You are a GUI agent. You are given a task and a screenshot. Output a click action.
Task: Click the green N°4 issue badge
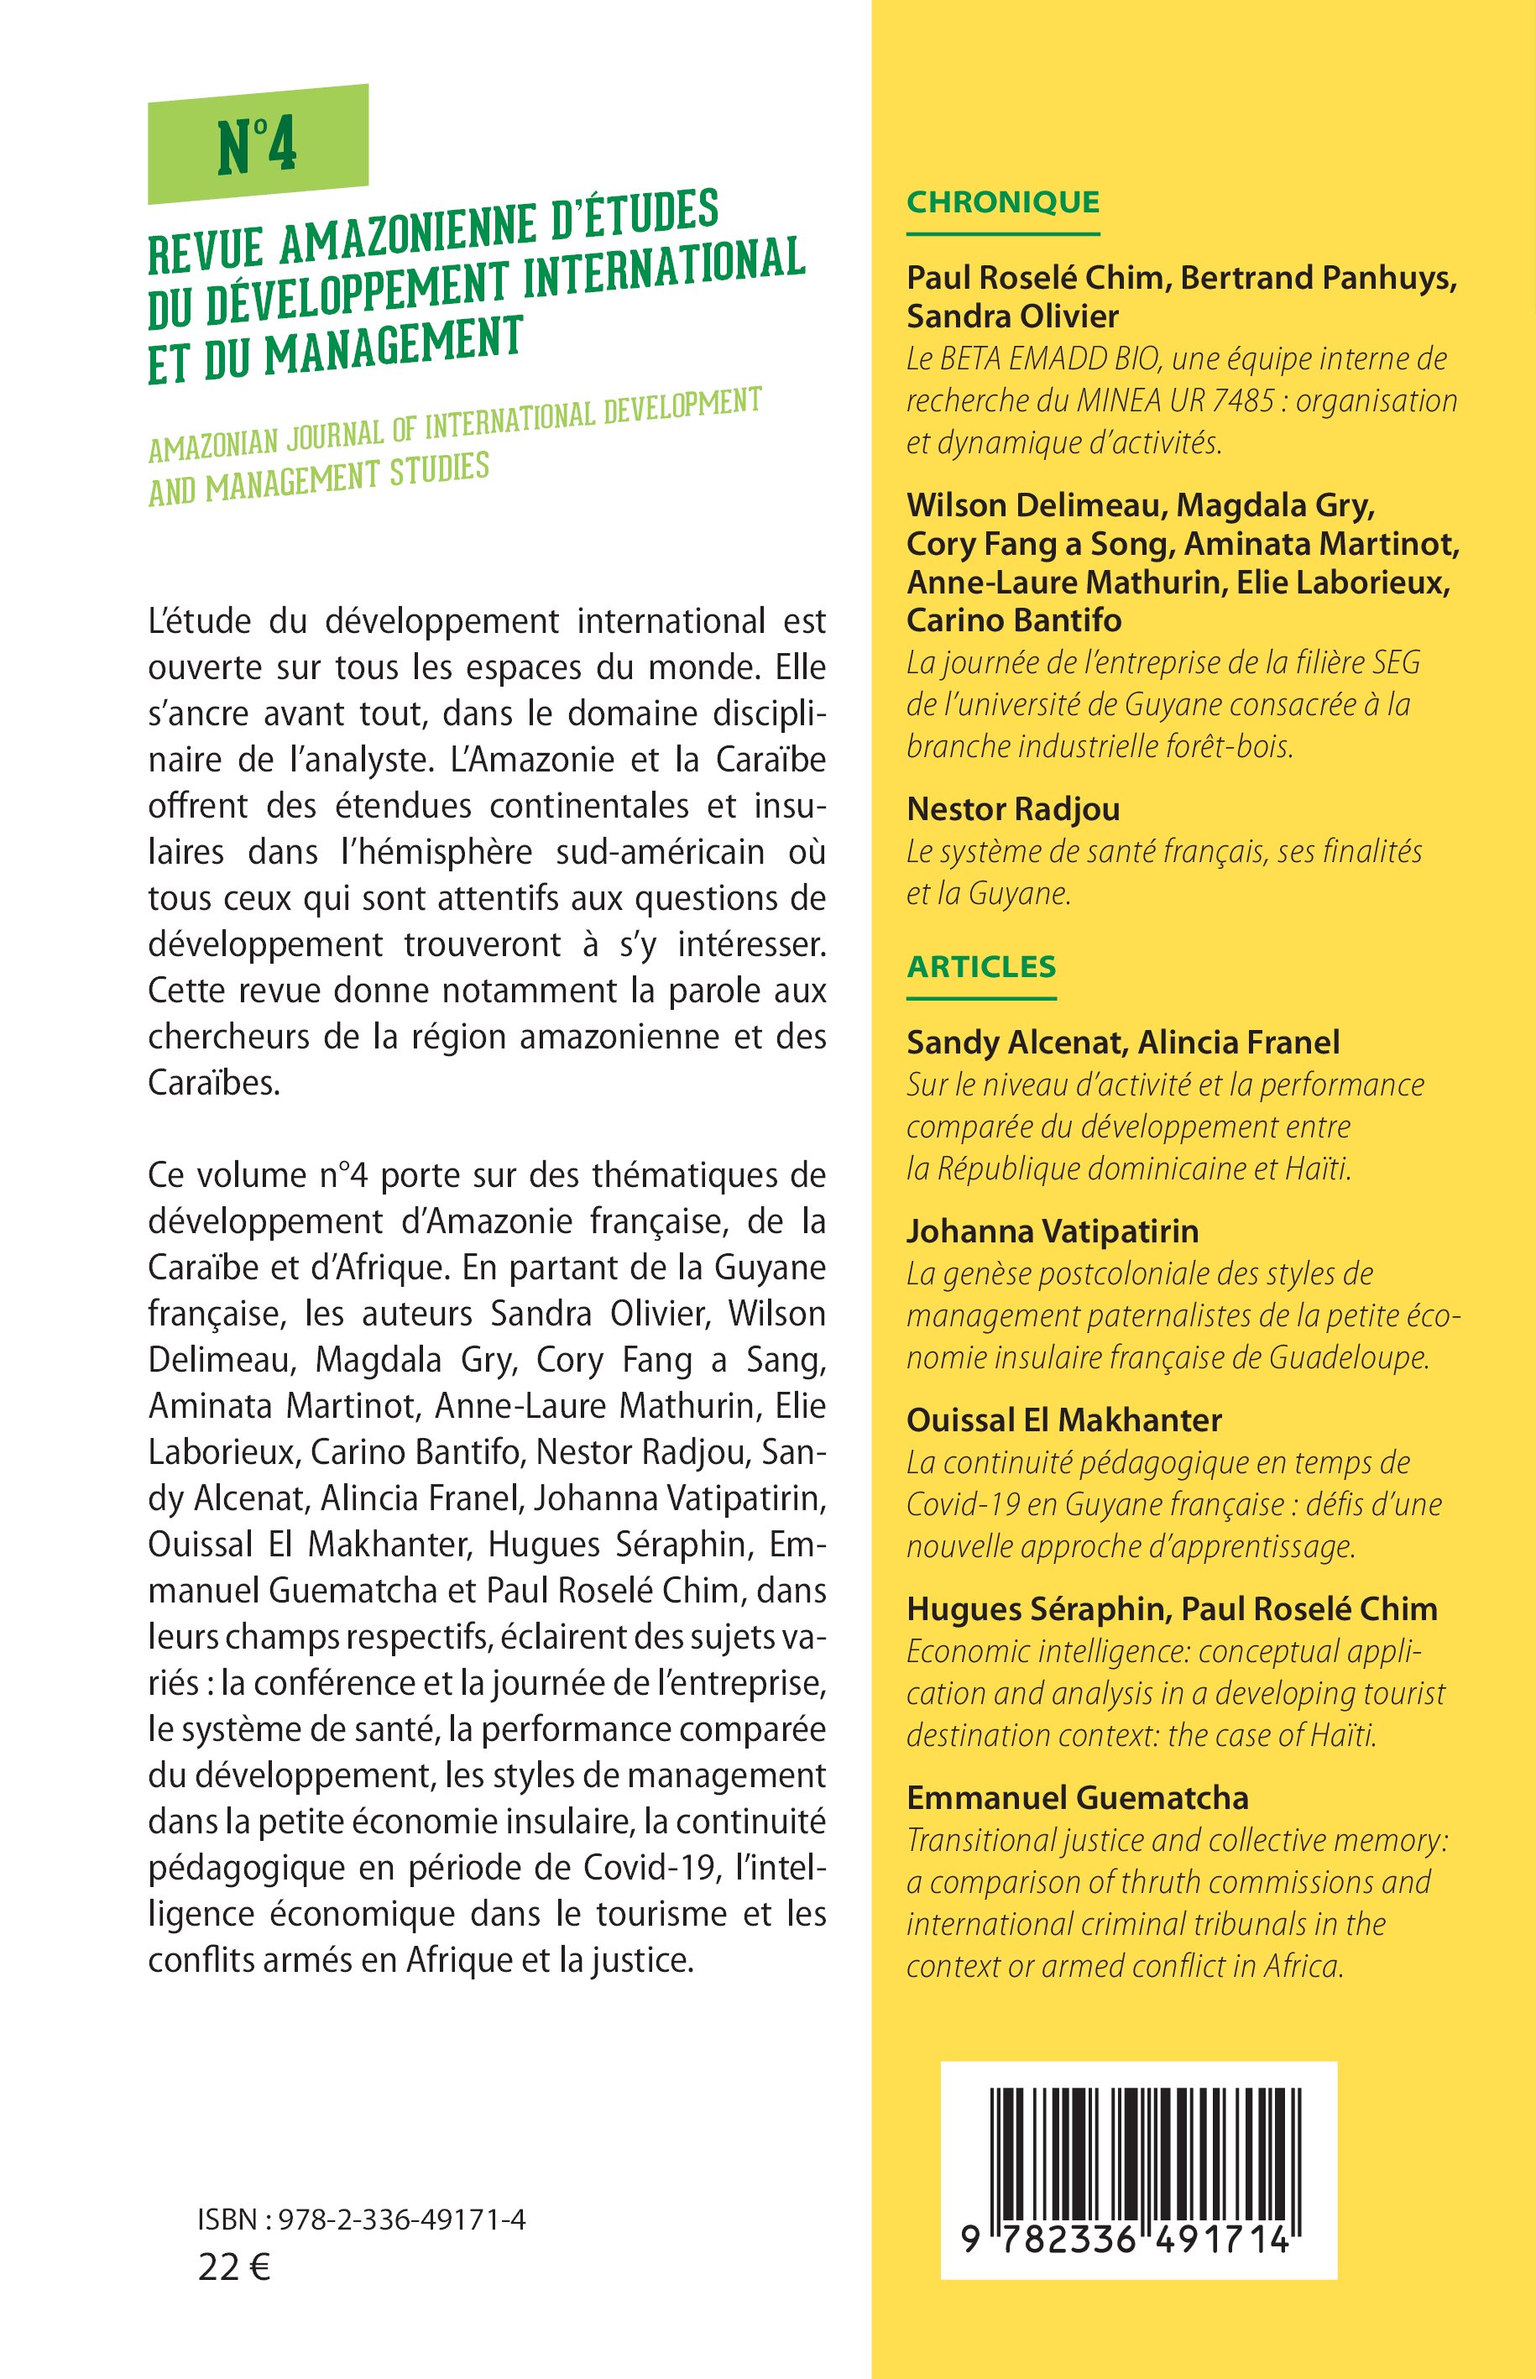[x=258, y=144]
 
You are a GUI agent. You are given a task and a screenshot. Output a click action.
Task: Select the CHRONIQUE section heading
[x=1002, y=201]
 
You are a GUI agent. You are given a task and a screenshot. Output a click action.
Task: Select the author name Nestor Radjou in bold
[x=1012, y=809]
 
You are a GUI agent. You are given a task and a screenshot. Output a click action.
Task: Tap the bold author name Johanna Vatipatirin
[x=1053, y=1231]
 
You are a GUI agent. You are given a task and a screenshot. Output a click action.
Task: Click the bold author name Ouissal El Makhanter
[x=1063, y=1420]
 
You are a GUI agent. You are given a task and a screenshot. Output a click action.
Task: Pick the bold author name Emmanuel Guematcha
[x=1077, y=1797]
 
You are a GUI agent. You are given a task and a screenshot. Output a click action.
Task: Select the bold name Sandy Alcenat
[x=1012, y=1043]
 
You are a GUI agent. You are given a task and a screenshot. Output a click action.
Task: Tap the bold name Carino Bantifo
[x=1013, y=620]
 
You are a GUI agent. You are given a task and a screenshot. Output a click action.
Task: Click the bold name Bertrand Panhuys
[x=1319, y=279]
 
